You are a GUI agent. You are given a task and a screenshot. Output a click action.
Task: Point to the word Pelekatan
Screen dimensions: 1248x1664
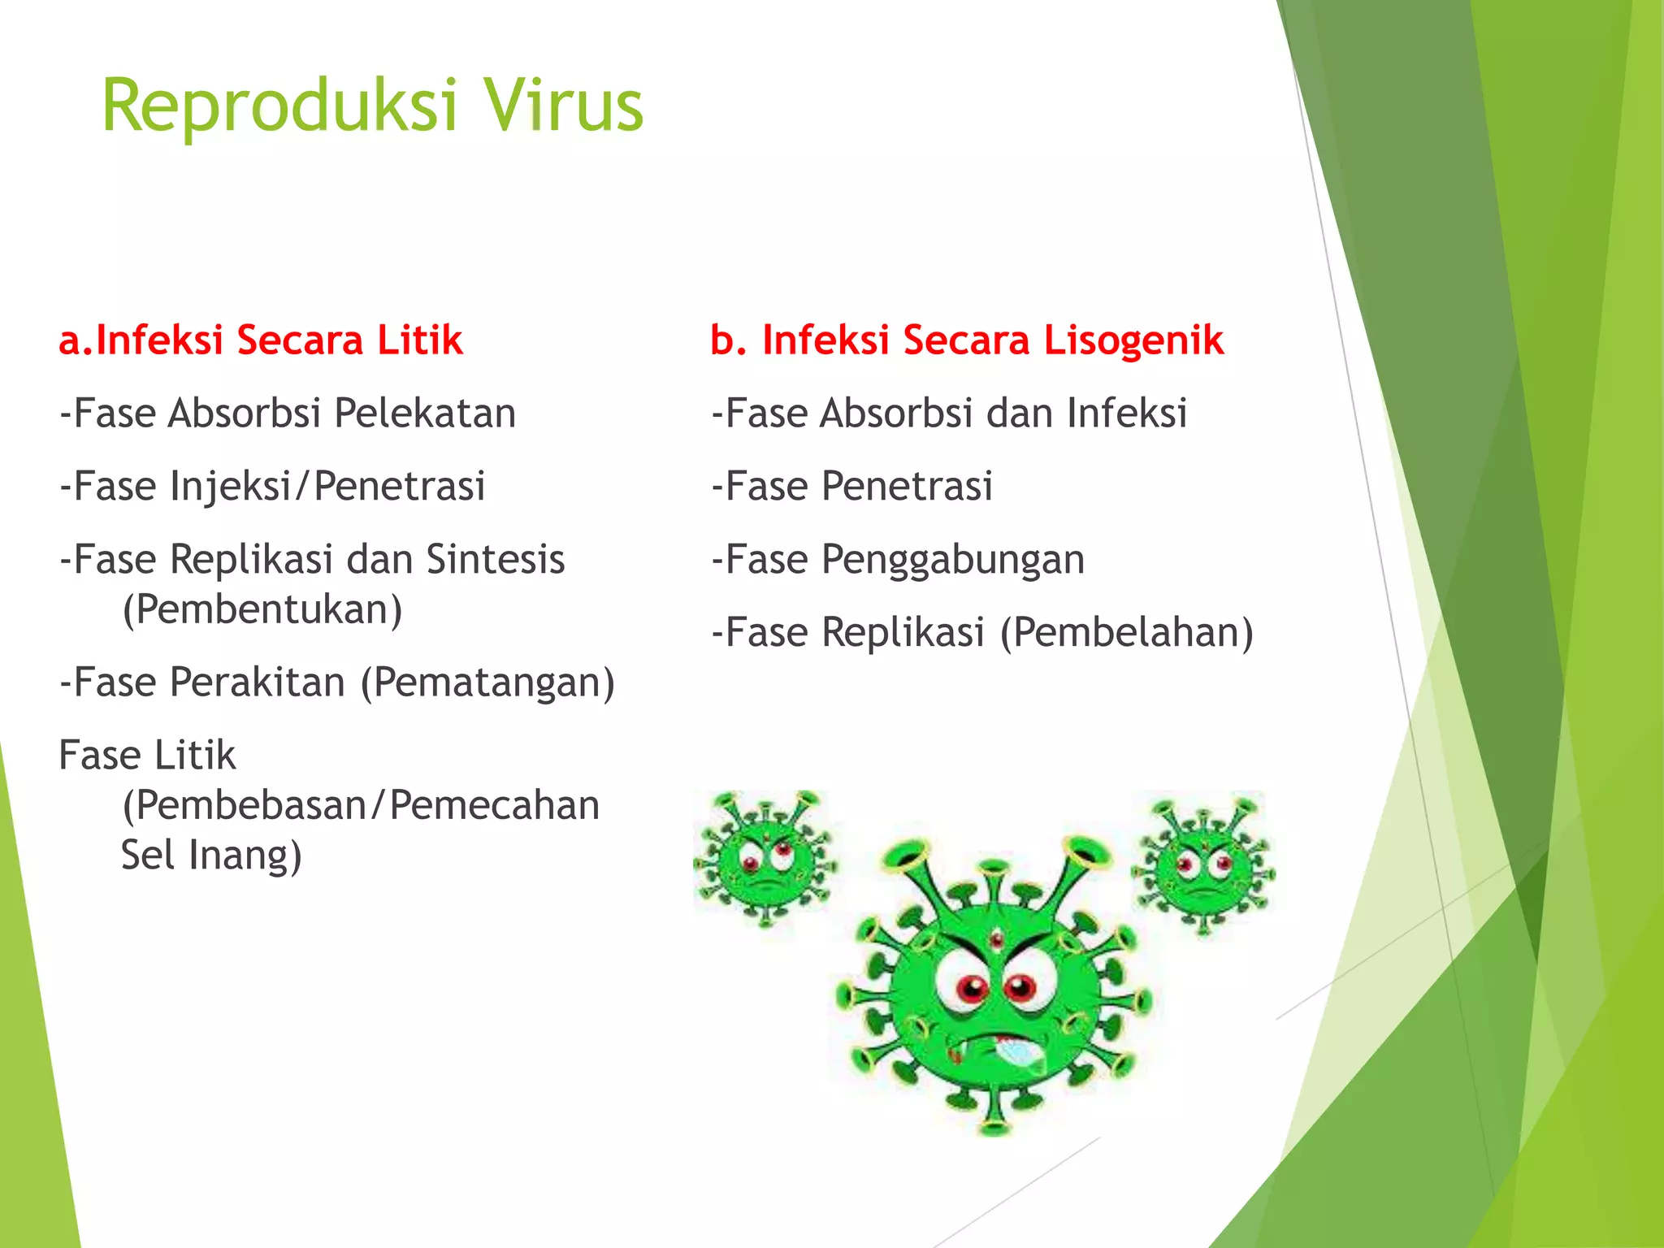[x=425, y=413]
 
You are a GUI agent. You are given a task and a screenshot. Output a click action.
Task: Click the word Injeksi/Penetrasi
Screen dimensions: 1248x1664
[x=327, y=487]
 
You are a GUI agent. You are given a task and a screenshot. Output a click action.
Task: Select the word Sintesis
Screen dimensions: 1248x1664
[x=495, y=559]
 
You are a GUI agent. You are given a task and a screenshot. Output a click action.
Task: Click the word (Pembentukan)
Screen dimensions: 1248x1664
[x=262, y=609]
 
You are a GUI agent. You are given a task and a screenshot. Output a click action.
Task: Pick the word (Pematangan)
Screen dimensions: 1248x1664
[x=487, y=682]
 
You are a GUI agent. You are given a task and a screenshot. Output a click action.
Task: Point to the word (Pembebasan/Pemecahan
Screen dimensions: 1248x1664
[x=361, y=805]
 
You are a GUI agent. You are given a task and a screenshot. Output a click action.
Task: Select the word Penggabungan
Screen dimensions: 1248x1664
[x=952, y=560]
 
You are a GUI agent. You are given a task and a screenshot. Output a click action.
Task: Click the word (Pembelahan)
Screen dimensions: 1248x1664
[x=1126, y=633]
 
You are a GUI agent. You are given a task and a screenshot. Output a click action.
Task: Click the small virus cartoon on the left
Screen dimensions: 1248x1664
[x=764, y=860]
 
